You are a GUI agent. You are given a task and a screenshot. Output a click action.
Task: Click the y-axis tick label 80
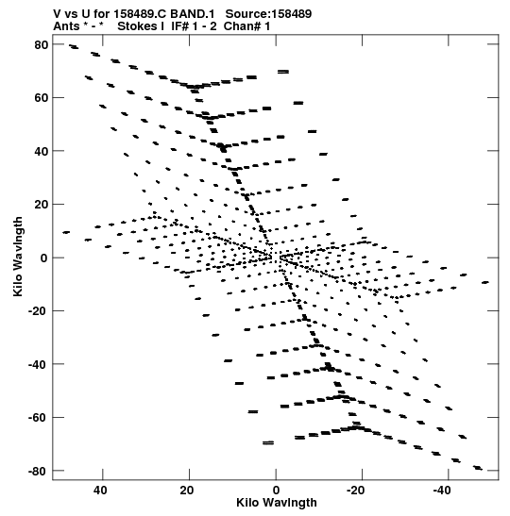coord(42,44)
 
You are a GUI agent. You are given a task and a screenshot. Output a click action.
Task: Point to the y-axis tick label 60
coord(42,98)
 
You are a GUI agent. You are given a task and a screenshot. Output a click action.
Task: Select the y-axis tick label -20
coord(38,311)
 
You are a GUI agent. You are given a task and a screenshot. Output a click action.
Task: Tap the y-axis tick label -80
coord(38,471)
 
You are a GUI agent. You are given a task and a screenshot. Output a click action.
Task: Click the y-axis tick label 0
coord(44,258)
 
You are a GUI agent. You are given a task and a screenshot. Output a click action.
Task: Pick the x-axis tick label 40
coord(100,490)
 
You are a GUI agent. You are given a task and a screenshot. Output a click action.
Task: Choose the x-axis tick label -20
coord(356,490)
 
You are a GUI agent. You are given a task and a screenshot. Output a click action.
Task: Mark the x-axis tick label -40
coord(442,490)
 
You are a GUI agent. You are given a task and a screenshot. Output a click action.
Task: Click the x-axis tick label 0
coord(276,490)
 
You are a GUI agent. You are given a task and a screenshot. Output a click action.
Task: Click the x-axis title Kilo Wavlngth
coord(277,503)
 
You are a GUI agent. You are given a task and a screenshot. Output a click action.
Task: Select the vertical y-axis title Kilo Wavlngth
coord(18,257)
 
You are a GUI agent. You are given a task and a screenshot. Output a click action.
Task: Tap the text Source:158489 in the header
coord(268,14)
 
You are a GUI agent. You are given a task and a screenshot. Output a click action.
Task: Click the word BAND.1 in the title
coord(193,14)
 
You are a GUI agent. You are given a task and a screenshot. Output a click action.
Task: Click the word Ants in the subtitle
coord(66,26)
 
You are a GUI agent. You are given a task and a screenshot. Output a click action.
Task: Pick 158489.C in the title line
coord(141,14)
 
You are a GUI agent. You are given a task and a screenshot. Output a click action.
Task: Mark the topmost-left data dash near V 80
coord(74,47)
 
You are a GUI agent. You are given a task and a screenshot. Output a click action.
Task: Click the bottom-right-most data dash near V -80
coord(478,468)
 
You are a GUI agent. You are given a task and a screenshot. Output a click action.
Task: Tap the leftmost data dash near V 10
coord(66,232)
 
